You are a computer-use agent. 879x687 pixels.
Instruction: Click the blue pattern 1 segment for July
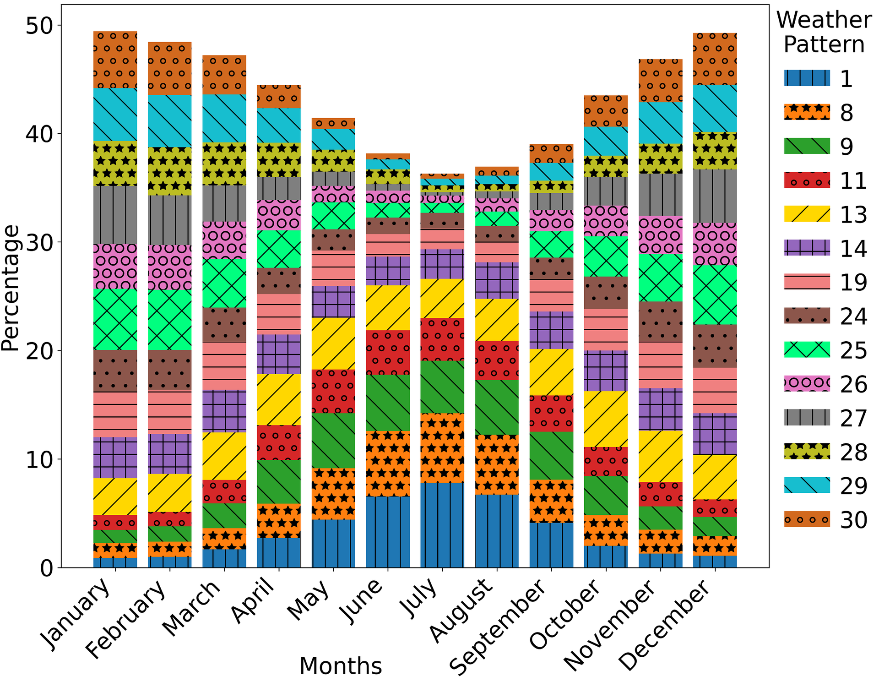click(442, 525)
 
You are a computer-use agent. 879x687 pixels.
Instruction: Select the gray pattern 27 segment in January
click(115, 215)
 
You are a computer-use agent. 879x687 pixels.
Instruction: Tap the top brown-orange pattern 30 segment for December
click(715, 59)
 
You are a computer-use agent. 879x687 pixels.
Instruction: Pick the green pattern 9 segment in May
click(333, 441)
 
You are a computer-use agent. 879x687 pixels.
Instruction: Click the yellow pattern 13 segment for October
click(606, 419)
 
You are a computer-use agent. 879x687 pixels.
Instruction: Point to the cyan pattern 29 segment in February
click(169, 121)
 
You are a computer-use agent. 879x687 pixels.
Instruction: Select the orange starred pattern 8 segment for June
click(388, 463)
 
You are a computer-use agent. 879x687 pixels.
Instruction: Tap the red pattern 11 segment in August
click(497, 360)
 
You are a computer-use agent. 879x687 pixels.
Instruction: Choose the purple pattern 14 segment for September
click(551, 330)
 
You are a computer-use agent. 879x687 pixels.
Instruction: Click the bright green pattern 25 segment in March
click(224, 283)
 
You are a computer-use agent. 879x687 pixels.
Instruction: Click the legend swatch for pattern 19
click(807, 282)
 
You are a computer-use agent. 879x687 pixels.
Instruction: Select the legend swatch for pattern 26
click(807, 384)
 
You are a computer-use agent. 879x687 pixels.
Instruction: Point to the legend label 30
click(853, 520)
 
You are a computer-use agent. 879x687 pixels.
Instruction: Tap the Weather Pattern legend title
click(824, 32)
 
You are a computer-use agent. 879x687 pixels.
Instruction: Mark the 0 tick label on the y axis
click(46, 568)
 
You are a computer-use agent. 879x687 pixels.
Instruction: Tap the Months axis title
click(341, 666)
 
